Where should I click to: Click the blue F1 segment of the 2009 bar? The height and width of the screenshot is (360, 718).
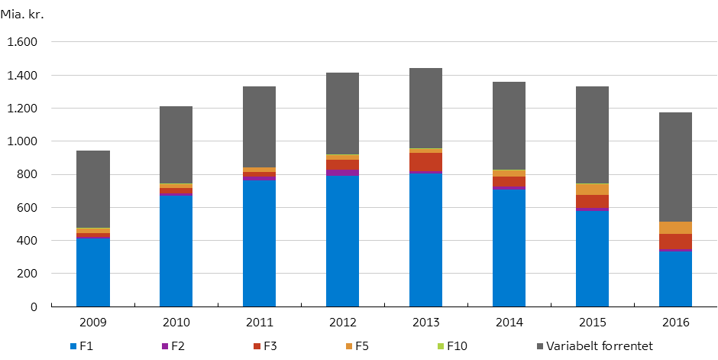(x=93, y=272)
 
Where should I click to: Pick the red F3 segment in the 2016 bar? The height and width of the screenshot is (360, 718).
(x=675, y=242)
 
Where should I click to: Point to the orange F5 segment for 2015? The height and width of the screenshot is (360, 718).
(x=592, y=190)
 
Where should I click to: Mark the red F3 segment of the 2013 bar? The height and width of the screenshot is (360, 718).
(x=425, y=161)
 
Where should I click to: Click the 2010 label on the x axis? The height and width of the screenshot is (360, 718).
(x=176, y=323)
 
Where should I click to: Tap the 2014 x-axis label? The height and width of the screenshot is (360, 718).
(x=509, y=323)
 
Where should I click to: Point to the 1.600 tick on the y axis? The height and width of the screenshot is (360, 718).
(x=22, y=43)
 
